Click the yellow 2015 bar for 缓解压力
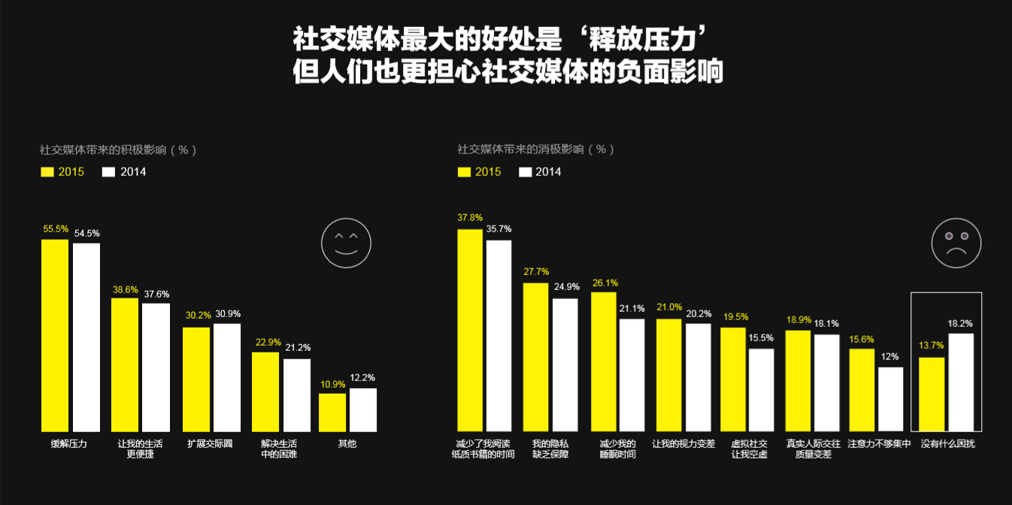pos(55,335)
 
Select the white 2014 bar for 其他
pos(363,410)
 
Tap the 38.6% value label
pos(125,289)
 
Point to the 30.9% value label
pos(226,313)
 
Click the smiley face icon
pos(346,243)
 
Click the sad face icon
pos(956,243)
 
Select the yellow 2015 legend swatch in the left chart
pos(48,172)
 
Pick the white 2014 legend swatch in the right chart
pos(526,172)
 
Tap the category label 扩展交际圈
pos(210,443)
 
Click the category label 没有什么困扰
pos(947,443)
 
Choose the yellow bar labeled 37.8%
pos(470,330)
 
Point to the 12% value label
pos(890,356)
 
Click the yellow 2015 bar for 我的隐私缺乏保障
pos(535,357)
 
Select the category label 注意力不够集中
pos(879,443)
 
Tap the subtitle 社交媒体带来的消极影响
pos(535,150)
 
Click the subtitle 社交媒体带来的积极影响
pos(118,150)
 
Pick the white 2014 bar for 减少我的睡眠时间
pos(632,375)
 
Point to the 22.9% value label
pos(268,342)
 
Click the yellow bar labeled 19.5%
pos(733,380)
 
